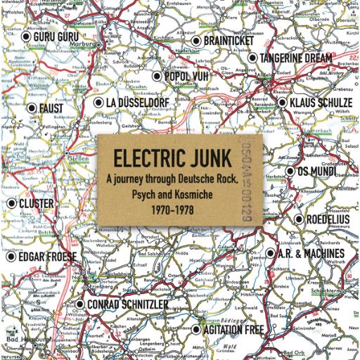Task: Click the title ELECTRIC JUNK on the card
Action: [x=179, y=154]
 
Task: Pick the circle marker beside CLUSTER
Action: [x=12, y=203]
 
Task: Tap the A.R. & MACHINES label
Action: [x=314, y=253]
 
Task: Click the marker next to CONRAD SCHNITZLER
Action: [x=79, y=304]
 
